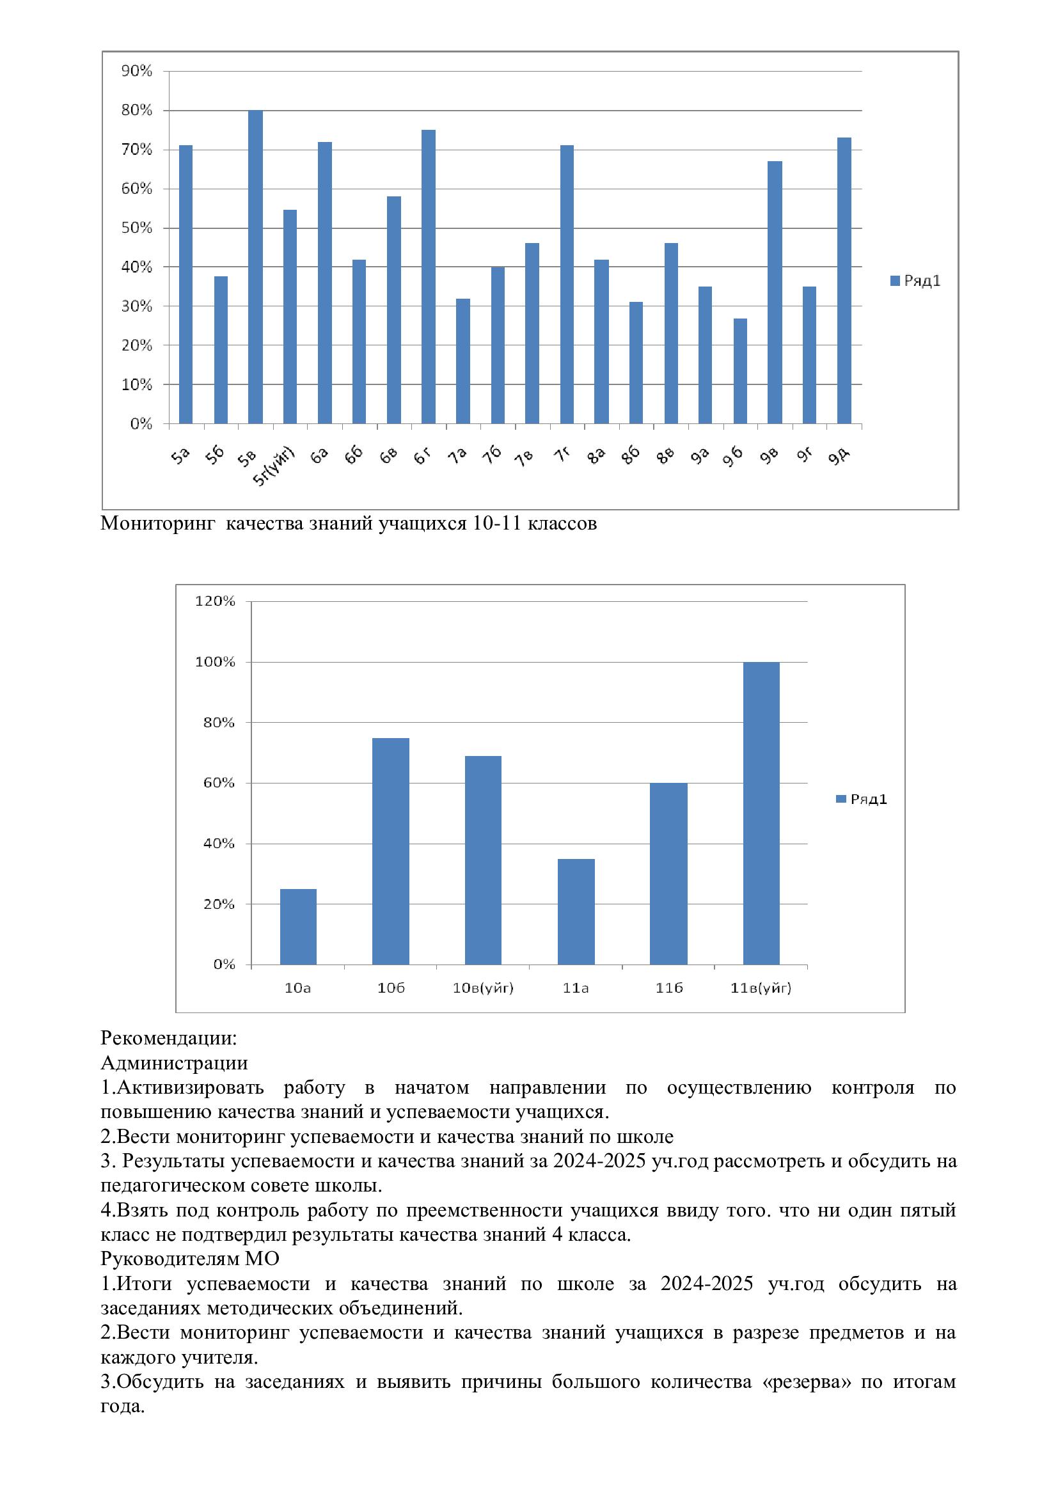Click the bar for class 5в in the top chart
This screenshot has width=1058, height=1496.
255,267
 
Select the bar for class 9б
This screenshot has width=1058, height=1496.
739,371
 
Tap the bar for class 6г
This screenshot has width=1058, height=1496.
428,277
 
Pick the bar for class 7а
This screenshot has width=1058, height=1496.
462,361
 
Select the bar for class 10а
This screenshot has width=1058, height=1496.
297,927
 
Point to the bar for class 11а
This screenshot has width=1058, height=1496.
576,911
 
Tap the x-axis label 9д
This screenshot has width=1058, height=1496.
839,457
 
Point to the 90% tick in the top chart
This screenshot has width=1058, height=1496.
137,71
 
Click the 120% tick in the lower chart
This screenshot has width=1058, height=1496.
215,601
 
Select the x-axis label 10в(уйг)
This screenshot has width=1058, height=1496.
483,988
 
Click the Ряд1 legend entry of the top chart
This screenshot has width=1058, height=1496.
915,281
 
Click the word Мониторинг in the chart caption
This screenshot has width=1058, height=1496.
157,523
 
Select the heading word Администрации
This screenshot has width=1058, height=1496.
174,1063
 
